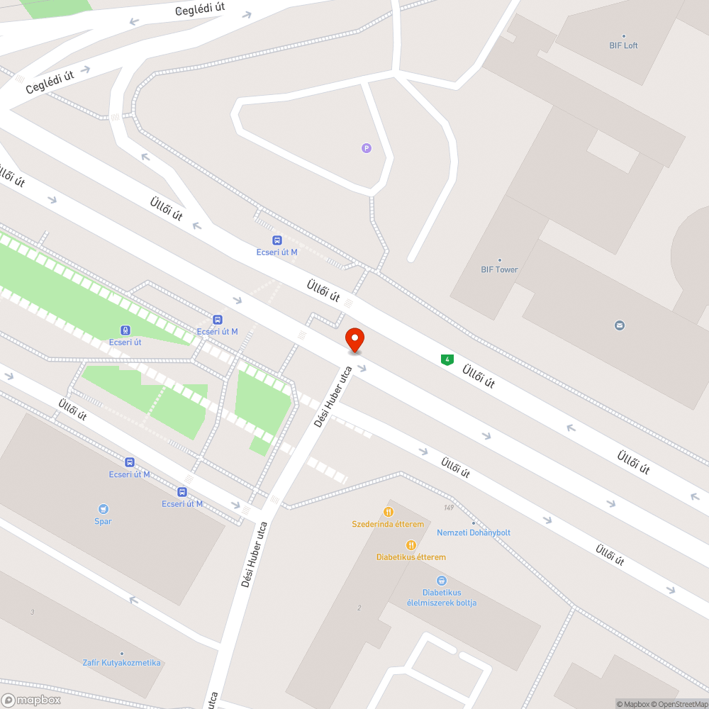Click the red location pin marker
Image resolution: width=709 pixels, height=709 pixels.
click(354, 340)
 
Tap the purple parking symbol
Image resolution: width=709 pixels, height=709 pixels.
click(366, 147)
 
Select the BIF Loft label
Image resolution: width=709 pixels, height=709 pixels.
click(623, 45)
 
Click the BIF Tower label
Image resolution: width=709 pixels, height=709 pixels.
click(499, 269)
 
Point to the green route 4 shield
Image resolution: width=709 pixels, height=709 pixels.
click(447, 359)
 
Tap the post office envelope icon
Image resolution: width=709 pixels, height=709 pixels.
click(620, 325)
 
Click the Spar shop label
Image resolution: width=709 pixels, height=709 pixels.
click(104, 522)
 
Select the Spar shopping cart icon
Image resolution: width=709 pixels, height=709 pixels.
click(104, 508)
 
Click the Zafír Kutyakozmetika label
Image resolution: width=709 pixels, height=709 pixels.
click(121, 663)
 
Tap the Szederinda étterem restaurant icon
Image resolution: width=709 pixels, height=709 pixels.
click(389, 512)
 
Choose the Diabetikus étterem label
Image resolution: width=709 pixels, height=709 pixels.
click(411, 557)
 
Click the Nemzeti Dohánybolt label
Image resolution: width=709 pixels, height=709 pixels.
click(473, 532)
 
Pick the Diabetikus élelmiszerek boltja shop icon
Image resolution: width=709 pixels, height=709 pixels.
click(441, 580)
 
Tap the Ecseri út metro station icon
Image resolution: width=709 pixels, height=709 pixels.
click(125, 329)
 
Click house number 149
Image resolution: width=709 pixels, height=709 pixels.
click(448, 507)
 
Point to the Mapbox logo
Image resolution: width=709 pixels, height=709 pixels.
click(31, 700)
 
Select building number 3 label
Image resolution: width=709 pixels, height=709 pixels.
click(32, 612)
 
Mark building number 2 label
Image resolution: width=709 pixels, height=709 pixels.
click(359, 608)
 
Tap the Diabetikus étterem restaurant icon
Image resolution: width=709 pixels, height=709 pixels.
click(411, 545)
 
